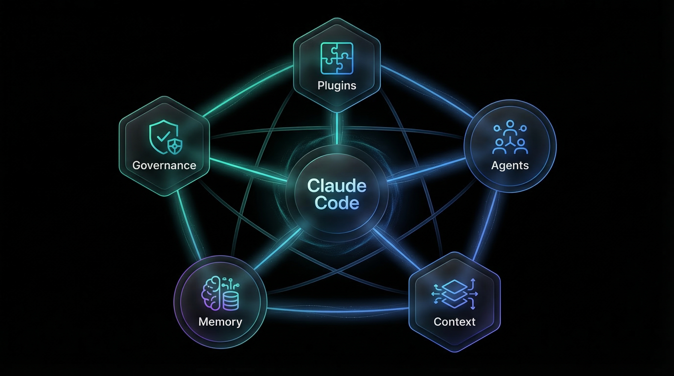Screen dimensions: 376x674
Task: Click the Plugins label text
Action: (337, 85)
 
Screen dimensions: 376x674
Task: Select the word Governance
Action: (164, 165)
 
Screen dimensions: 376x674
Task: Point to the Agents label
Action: (510, 165)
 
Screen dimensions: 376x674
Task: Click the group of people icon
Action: (510, 137)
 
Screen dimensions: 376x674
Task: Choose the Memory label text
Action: (220, 322)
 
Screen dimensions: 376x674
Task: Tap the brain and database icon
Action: (220, 293)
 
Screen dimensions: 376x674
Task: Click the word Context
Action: (455, 322)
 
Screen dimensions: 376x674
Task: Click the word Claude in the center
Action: (337, 186)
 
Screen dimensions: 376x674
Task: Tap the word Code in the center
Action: (337, 203)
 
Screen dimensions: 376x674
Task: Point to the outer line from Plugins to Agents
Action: (426, 90)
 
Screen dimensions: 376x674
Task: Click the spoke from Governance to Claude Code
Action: (249, 170)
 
